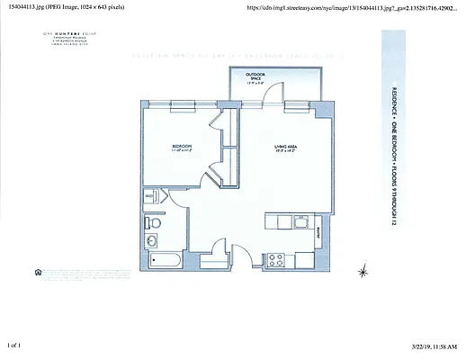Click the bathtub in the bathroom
[x=166, y=261]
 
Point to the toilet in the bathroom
[x=154, y=221]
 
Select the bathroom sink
[x=151, y=240]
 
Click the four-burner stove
[x=278, y=259]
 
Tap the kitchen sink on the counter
[x=289, y=222]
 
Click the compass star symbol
[x=363, y=271]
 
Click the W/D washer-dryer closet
[x=149, y=195]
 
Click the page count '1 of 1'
[x=13, y=345]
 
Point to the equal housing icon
[x=37, y=269]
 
